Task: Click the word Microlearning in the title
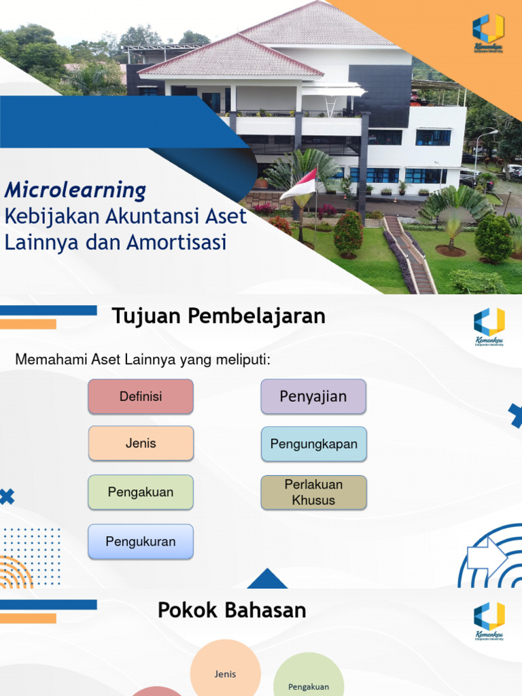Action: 75,191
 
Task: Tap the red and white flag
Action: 299,185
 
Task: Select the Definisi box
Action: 141,396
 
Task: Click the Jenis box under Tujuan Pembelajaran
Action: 141,443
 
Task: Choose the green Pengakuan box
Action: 141,492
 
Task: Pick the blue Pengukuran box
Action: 141,542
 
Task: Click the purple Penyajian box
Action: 313,396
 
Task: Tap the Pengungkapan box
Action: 313,444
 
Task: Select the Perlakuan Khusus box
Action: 313,492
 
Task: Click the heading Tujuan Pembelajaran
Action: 218,316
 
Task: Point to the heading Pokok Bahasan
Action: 232,610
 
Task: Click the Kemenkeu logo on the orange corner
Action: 489,32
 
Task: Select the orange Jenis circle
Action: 225,673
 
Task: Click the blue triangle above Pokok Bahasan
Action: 267,579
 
